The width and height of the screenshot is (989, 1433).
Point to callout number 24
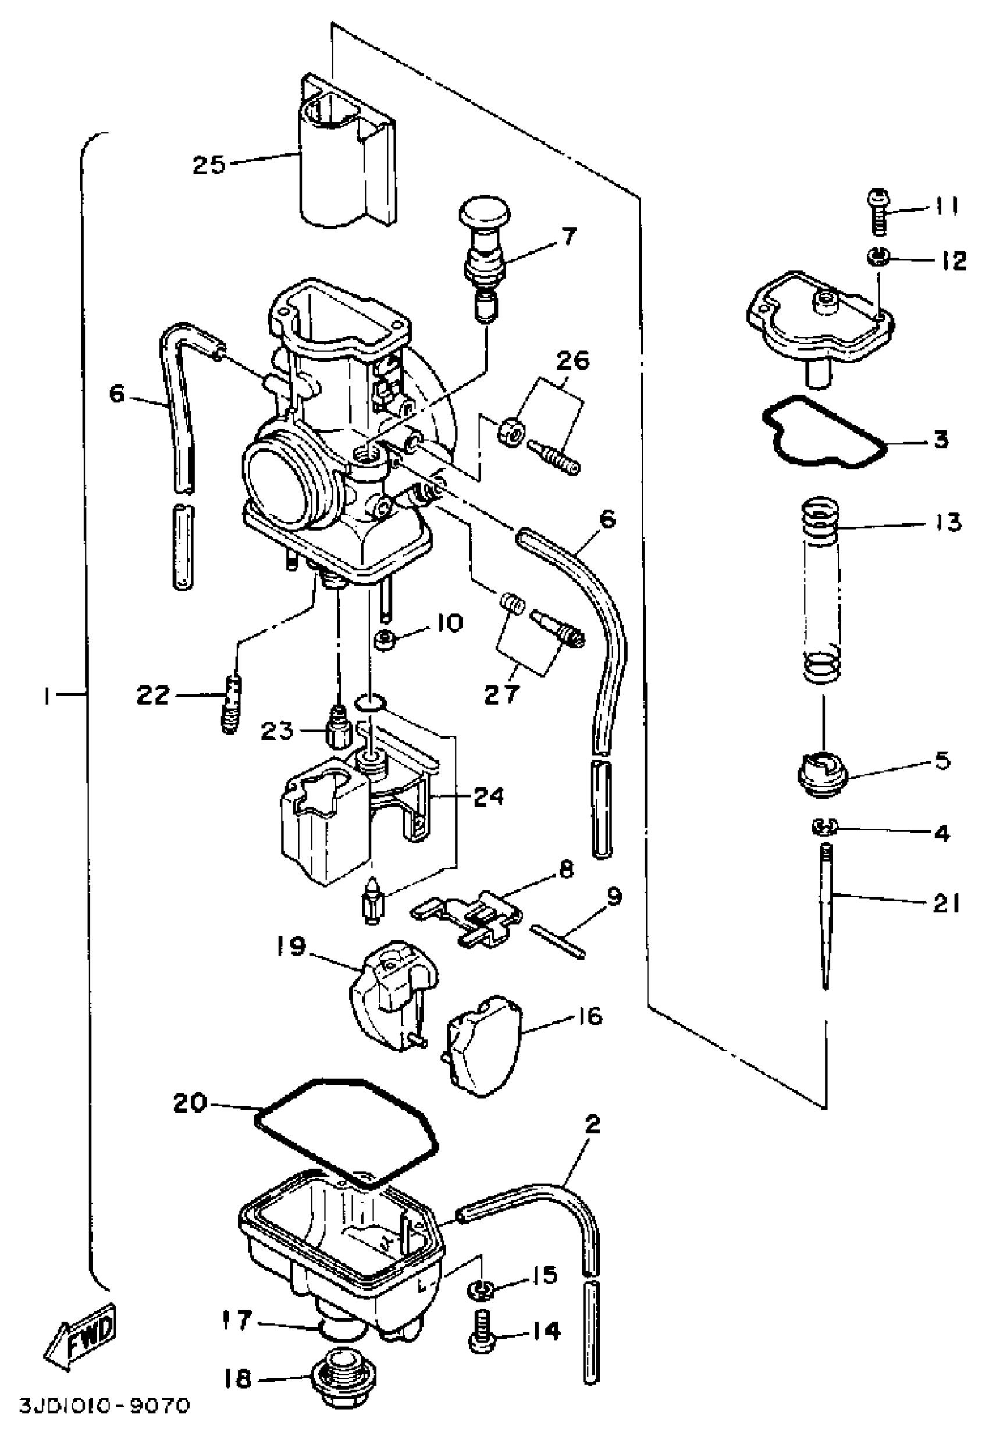tap(489, 796)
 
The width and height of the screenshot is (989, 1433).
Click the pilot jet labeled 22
tap(231, 705)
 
